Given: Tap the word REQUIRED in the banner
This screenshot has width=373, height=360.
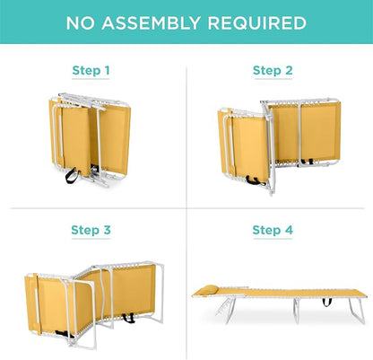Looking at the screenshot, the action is (257, 23).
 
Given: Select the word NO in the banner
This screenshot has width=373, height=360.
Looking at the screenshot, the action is (80, 23).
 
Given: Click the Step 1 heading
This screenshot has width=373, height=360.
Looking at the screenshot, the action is (91, 71).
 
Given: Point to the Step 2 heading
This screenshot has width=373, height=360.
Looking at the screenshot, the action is (273, 71).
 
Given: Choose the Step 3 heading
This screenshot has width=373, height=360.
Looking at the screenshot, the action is (91, 230).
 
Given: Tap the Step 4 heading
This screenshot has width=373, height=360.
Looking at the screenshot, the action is (273, 230).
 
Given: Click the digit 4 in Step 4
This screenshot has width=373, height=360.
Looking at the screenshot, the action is (289, 230).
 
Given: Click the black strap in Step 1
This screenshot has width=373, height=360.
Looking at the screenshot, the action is (72, 175).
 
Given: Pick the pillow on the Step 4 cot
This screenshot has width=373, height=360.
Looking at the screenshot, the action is (209, 289).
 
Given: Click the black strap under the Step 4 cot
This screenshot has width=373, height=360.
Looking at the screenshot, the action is (326, 302).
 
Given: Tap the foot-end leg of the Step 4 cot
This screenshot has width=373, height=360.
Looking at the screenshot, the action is (357, 311).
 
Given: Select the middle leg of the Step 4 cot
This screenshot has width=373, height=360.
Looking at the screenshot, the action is (296, 312).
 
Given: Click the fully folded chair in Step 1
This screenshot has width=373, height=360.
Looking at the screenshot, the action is (90, 139).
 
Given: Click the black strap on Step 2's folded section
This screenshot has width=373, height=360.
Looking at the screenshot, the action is (253, 180).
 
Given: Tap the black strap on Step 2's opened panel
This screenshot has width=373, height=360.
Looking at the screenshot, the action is (308, 162).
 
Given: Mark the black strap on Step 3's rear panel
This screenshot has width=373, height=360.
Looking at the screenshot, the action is (128, 318).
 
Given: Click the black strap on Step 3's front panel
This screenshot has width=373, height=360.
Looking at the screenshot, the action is (64, 334).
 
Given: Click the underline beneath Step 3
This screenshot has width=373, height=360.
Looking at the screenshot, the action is (91, 239).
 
